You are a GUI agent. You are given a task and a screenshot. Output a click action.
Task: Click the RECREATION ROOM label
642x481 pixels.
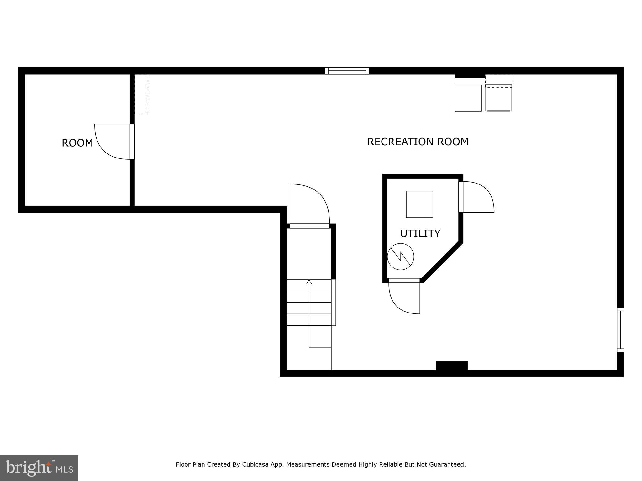418,142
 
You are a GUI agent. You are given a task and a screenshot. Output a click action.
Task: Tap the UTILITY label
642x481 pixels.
420,234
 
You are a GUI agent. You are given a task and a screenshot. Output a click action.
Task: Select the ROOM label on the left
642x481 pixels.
77,143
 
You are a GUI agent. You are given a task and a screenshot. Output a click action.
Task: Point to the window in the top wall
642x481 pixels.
347,71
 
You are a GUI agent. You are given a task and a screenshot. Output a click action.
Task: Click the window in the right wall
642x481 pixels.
620,329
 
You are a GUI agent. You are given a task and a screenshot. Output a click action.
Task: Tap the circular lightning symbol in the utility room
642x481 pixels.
401,257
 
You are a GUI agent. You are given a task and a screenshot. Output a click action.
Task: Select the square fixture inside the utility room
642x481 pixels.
419,204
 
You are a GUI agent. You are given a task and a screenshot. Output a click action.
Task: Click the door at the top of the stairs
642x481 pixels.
309,205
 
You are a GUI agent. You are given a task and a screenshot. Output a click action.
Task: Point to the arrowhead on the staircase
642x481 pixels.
309,282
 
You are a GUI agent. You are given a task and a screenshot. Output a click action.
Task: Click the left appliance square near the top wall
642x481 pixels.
468,98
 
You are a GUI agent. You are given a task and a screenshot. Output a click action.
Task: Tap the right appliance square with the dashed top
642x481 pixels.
498,98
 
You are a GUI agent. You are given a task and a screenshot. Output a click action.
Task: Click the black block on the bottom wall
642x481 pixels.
452,365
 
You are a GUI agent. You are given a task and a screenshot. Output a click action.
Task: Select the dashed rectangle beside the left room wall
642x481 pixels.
141,94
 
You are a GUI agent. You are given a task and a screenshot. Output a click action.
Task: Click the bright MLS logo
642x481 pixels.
39,468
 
